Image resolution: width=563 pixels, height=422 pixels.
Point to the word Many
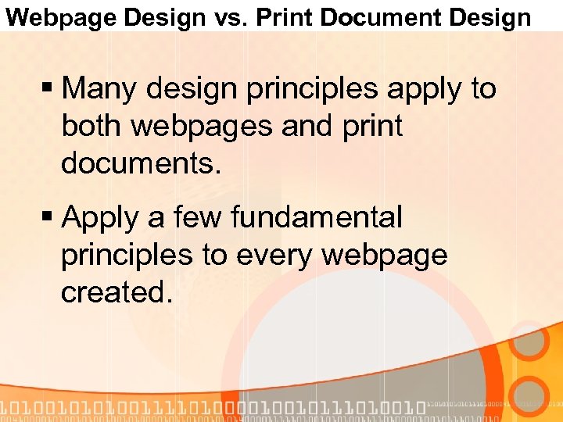point(101,89)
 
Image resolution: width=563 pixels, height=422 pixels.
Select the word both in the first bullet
point(91,126)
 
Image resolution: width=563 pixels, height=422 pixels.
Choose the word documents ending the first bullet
point(141,163)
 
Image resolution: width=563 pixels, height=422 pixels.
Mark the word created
point(116,292)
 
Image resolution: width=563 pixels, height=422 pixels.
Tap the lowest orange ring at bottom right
point(533,395)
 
